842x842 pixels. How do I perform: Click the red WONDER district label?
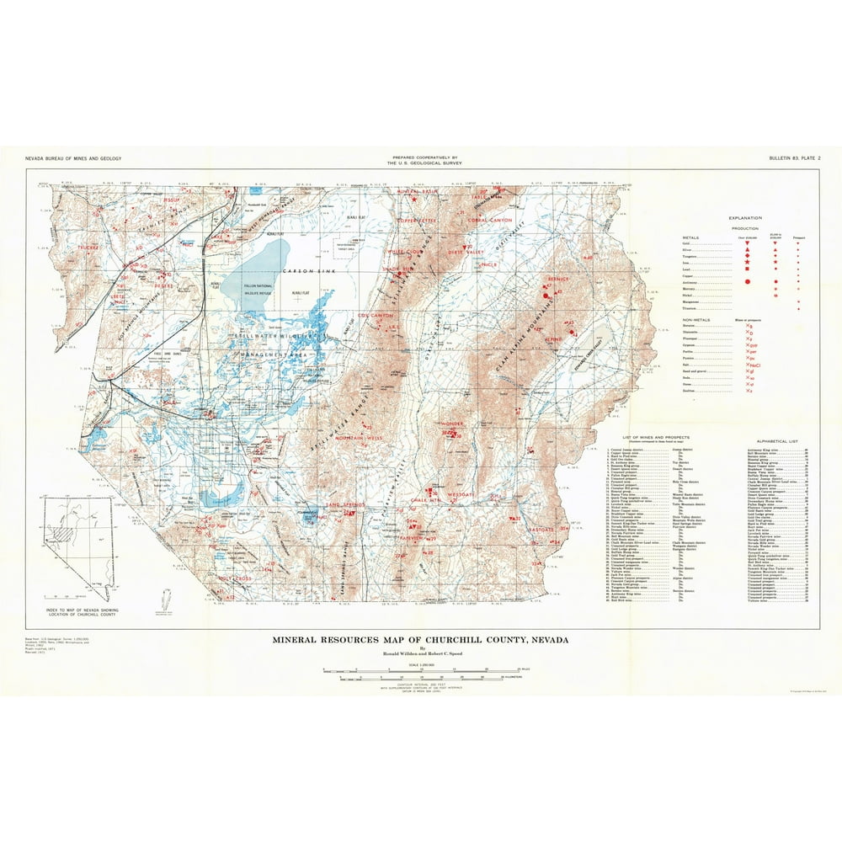coord(451,424)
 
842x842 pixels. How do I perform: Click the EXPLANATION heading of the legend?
coord(745,218)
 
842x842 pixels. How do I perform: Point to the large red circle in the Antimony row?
coord(747,280)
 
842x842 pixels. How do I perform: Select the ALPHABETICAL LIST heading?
coord(770,440)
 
